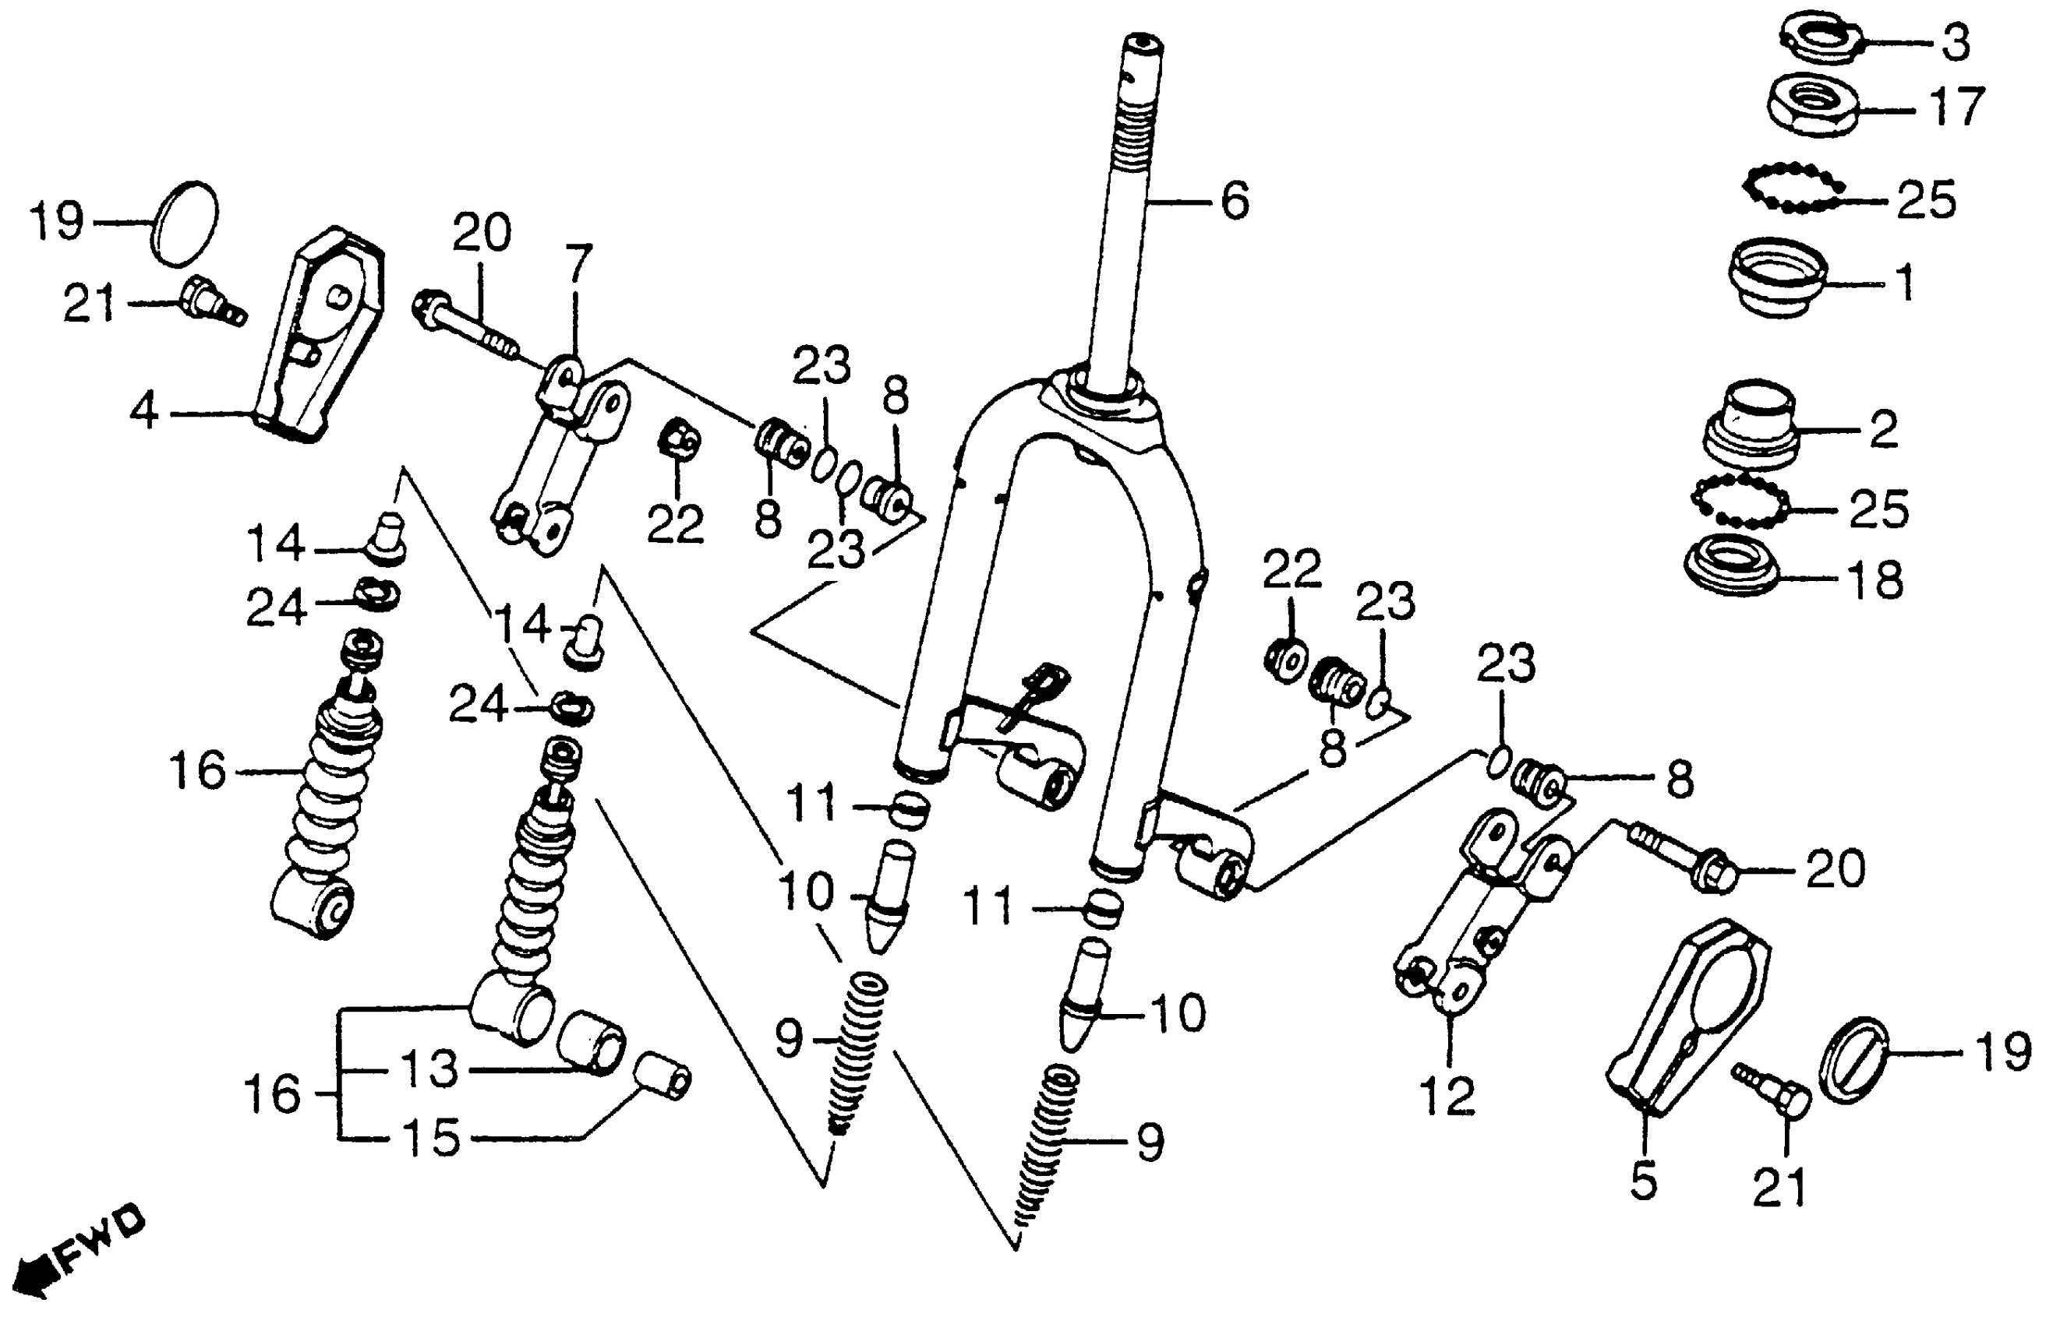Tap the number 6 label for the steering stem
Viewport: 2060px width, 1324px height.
click(x=1235, y=201)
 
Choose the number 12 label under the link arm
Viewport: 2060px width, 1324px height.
click(x=1448, y=1096)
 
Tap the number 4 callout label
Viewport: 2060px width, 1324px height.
click(x=144, y=412)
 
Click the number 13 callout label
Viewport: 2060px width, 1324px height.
click(x=430, y=1069)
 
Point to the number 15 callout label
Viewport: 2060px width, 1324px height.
click(x=432, y=1137)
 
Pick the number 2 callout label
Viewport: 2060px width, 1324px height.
click(x=1884, y=429)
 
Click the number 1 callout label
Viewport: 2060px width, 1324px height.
click(x=1906, y=281)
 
